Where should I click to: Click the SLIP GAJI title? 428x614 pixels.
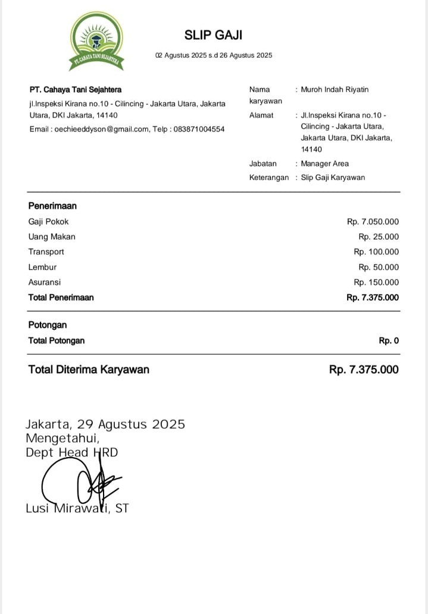click(213, 35)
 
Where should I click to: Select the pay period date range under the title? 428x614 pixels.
click(214, 55)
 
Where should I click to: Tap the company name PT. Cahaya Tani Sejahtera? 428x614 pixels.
click(76, 90)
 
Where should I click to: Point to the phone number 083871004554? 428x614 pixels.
click(199, 129)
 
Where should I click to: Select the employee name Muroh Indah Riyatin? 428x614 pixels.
click(335, 90)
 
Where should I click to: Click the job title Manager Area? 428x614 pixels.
click(325, 163)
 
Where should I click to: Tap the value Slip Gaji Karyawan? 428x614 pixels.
click(333, 177)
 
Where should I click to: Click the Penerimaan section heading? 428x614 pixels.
click(52, 206)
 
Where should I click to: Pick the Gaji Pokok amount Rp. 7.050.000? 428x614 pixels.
click(373, 222)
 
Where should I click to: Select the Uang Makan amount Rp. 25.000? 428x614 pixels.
click(379, 237)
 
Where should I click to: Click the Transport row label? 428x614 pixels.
click(46, 251)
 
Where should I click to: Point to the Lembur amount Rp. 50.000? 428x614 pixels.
click(379, 267)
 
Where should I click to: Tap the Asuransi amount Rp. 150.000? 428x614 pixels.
click(376, 282)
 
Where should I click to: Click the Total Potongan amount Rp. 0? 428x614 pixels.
click(389, 341)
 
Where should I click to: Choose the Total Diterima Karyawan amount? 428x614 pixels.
click(364, 369)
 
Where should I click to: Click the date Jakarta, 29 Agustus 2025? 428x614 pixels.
click(105, 424)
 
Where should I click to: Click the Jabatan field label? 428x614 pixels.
click(263, 163)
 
